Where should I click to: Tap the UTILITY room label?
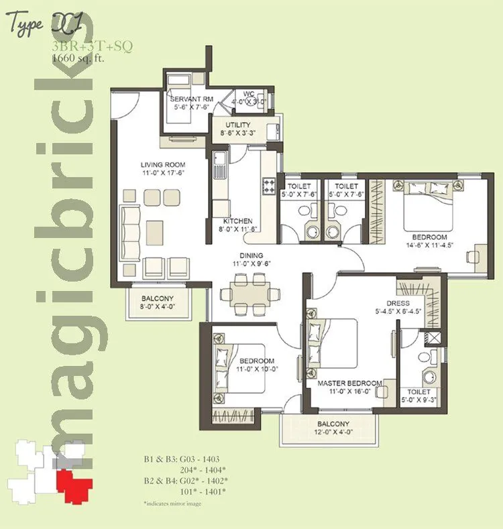tap(238, 125)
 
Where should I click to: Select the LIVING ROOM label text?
tap(163, 164)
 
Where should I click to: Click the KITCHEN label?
tap(237, 221)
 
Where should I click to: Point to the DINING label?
tap(252, 255)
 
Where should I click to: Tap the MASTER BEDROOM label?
tap(349, 383)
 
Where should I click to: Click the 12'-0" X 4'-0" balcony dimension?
tap(333, 432)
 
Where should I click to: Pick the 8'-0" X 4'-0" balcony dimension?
tap(158, 307)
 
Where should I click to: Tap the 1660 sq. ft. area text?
tap(78, 58)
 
